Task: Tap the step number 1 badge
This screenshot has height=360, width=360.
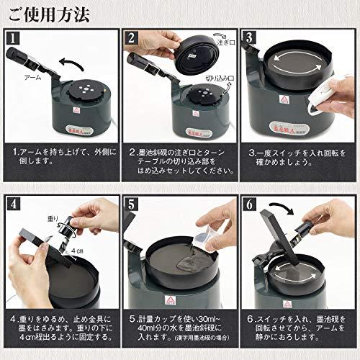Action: [x=14, y=37]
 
